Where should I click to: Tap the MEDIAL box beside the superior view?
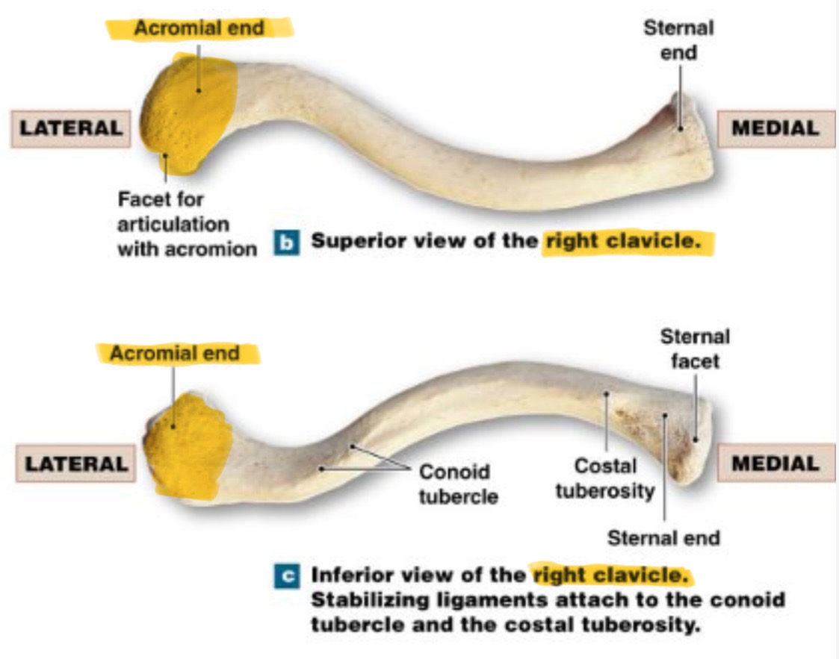[x=775, y=128]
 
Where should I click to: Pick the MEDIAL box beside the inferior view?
[x=775, y=463]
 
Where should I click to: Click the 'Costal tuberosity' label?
[x=604, y=478]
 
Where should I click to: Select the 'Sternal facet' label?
[x=694, y=349]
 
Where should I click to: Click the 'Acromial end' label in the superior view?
[x=199, y=29]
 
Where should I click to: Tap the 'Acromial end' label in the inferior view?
[x=175, y=353]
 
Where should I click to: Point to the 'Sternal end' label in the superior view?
[x=678, y=40]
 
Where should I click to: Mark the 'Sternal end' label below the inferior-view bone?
[x=663, y=537]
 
